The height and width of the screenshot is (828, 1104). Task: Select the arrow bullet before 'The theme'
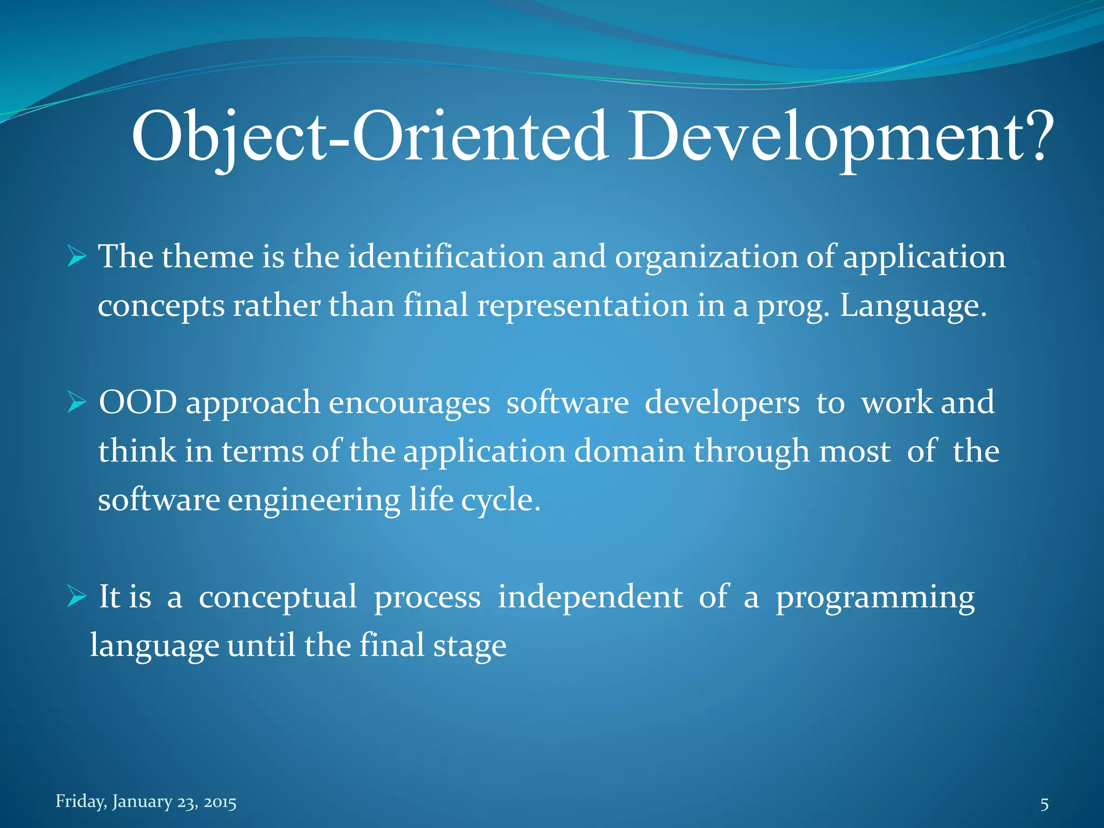coord(77,257)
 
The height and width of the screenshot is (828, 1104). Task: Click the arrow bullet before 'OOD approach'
coord(77,403)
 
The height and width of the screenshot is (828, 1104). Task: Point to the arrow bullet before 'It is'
coord(77,597)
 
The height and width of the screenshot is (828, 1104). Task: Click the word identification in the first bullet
coord(446,257)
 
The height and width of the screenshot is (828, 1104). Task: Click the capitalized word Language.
coord(913,306)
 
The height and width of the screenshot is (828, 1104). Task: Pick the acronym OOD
coord(138,403)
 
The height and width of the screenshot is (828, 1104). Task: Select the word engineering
coord(314,500)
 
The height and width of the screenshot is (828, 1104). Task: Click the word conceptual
coord(278,597)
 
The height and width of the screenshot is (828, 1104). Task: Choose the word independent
coord(590,597)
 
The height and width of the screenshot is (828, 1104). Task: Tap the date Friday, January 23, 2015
coord(146,802)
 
